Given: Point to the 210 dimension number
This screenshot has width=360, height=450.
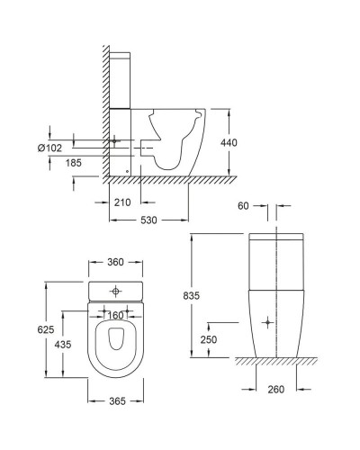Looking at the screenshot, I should [125, 202].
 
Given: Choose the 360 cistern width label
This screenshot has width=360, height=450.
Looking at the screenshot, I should [114, 264].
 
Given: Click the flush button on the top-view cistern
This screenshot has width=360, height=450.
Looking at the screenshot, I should [114, 292].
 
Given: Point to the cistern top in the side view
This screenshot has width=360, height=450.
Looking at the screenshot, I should [121, 56].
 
